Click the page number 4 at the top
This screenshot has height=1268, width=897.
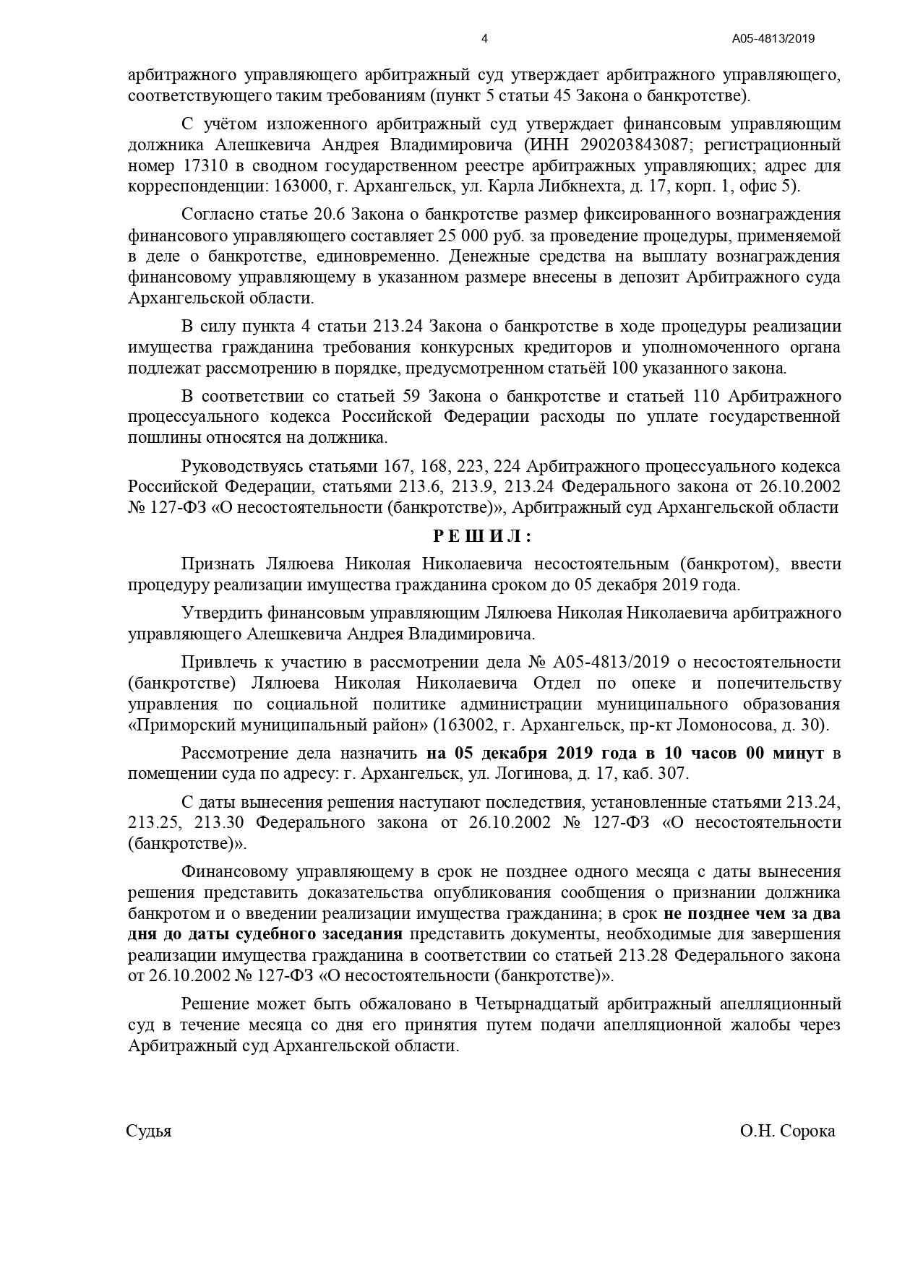(x=484, y=39)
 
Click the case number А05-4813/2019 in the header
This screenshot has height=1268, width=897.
(x=773, y=39)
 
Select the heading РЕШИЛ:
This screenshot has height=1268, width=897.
(x=482, y=536)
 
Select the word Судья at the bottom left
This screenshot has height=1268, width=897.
(x=149, y=1131)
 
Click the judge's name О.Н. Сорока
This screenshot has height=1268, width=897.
(x=787, y=1131)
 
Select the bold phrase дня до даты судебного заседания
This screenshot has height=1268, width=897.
(x=265, y=934)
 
